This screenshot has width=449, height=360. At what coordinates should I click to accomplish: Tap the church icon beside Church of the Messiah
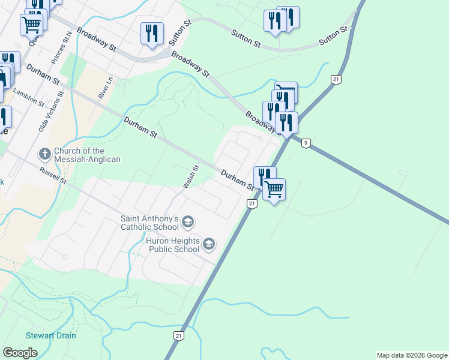45,154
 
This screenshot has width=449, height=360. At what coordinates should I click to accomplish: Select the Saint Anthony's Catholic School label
149,223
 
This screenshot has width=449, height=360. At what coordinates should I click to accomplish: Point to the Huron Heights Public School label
172,245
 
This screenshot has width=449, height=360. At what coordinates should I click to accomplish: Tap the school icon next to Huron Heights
209,244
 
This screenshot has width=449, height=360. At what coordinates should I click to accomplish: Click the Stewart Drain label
50,335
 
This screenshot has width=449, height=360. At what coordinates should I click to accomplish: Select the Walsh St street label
191,177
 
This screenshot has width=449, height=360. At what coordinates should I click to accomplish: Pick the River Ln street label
106,88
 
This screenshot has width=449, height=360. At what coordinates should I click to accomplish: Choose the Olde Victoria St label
51,112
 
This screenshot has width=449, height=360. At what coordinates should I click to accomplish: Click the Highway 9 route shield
306,143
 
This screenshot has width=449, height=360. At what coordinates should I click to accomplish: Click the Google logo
20,353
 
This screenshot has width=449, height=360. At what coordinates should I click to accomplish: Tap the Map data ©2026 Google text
412,355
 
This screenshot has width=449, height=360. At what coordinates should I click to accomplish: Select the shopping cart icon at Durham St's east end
274,190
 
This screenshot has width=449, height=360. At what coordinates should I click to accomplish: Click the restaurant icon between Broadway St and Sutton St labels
152,33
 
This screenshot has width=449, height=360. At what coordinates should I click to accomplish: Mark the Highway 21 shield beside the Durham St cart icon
252,204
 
